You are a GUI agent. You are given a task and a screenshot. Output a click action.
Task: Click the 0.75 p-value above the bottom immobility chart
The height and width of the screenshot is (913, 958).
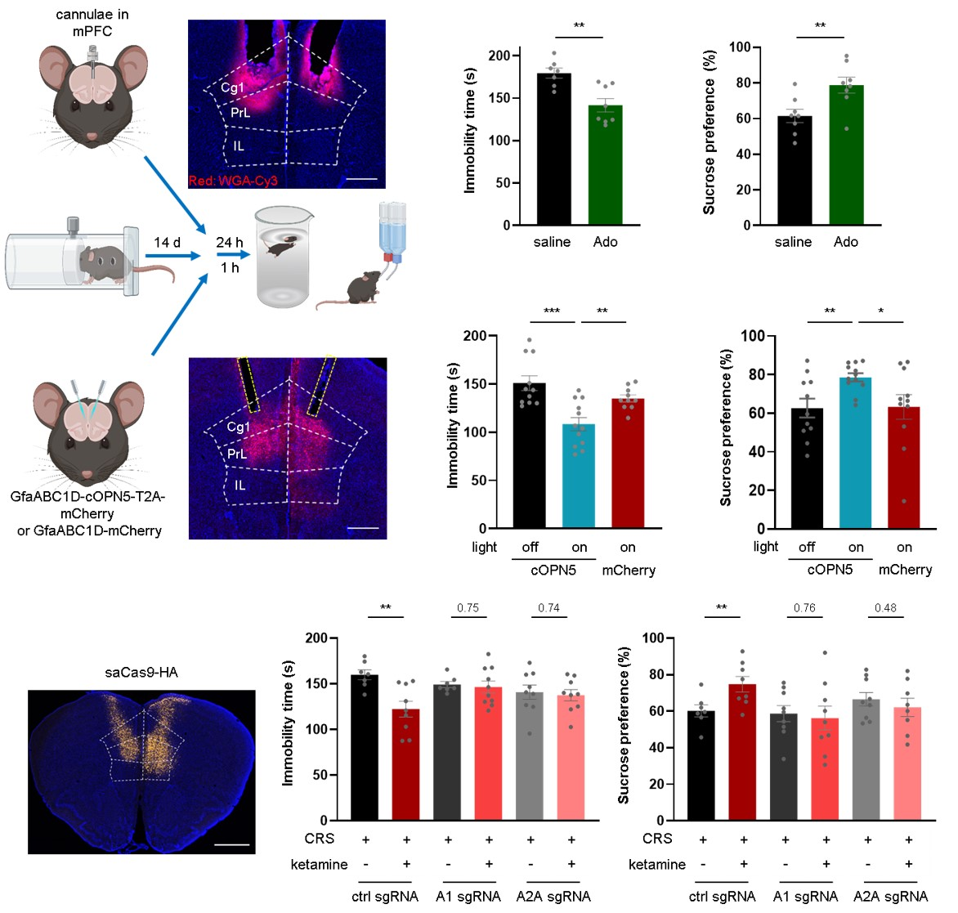click(468, 608)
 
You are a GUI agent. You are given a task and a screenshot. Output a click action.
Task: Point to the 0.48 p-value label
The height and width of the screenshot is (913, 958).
click(885, 608)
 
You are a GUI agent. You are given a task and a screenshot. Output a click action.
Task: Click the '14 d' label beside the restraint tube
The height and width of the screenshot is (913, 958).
click(168, 242)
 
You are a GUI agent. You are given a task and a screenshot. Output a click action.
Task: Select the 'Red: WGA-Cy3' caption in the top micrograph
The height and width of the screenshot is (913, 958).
click(233, 180)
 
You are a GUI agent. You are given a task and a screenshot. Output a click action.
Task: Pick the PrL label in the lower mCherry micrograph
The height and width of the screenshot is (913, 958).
click(237, 454)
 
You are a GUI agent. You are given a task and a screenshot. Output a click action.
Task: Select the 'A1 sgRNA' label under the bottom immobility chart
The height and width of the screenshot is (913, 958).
click(468, 896)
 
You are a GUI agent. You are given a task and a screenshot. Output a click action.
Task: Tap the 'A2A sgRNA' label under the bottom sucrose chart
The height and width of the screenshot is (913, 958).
click(890, 896)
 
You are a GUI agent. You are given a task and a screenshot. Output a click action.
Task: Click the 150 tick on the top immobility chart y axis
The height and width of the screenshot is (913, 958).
click(501, 98)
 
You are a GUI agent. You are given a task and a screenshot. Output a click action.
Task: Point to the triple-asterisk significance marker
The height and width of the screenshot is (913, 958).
click(552, 311)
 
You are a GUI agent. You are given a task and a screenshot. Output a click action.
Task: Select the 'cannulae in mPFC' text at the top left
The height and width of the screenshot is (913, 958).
click(92, 23)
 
